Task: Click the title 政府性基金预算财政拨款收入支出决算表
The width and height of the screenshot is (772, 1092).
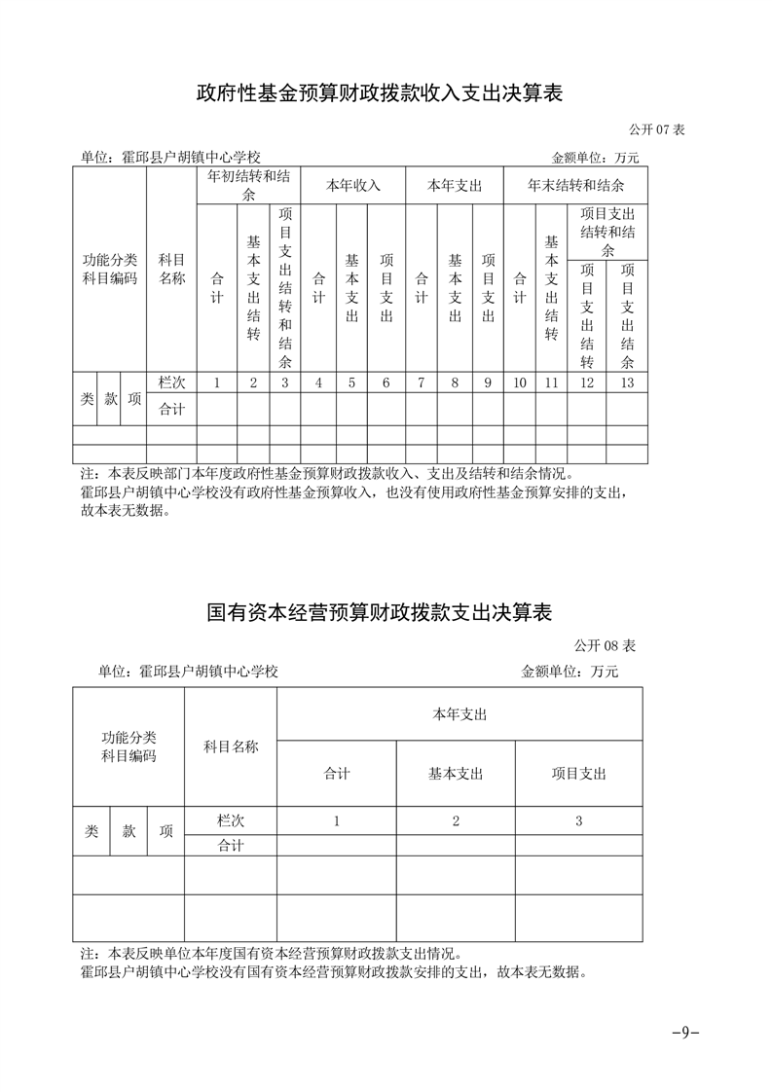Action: click(380, 93)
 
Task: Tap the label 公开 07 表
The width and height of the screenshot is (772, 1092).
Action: click(656, 129)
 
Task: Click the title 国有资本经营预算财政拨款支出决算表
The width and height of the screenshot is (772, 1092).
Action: click(380, 613)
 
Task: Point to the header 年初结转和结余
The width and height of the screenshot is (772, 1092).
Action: click(248, 186)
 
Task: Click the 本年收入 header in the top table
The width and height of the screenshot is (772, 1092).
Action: click(352, 185)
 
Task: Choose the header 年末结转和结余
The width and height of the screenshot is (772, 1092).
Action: click(575, 185)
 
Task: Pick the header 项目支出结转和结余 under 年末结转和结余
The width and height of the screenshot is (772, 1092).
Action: click(607, 232)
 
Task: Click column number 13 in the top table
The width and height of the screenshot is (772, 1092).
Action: click(627, 382)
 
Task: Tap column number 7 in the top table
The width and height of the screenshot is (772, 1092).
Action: click(421, 382)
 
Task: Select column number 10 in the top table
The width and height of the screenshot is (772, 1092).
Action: click(520, 382)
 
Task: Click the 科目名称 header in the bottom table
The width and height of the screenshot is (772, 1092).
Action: click(231, 746)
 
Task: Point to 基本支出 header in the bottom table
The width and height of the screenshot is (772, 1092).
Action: click(456, 774)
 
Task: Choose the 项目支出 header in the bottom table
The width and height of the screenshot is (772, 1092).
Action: click(578, 774)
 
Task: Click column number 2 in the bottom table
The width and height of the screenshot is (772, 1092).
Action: click(456, 820)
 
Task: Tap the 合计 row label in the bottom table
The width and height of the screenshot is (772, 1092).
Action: click(231, 846)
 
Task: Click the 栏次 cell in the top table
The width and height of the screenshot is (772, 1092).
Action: click(171, 382)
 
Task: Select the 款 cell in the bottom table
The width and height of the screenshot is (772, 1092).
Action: click(129, 831)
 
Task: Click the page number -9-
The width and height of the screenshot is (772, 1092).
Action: click(686, 1033)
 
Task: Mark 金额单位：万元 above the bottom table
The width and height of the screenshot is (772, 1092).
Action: click(570, 672)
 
